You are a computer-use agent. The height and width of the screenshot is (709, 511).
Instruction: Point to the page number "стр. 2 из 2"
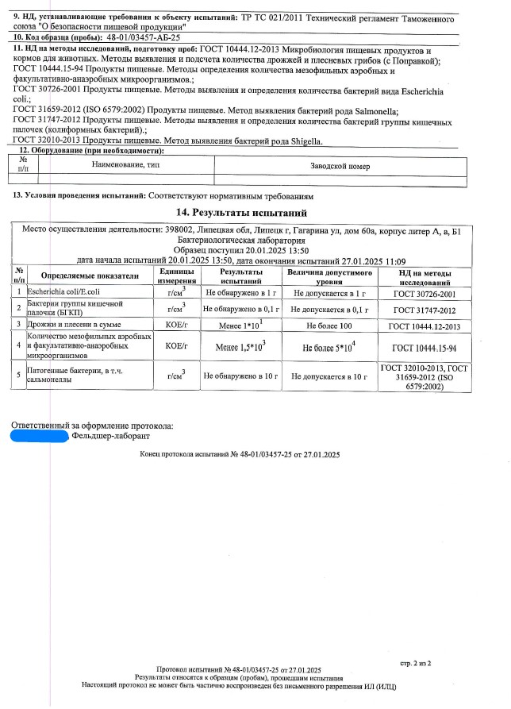tap(412, 661)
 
